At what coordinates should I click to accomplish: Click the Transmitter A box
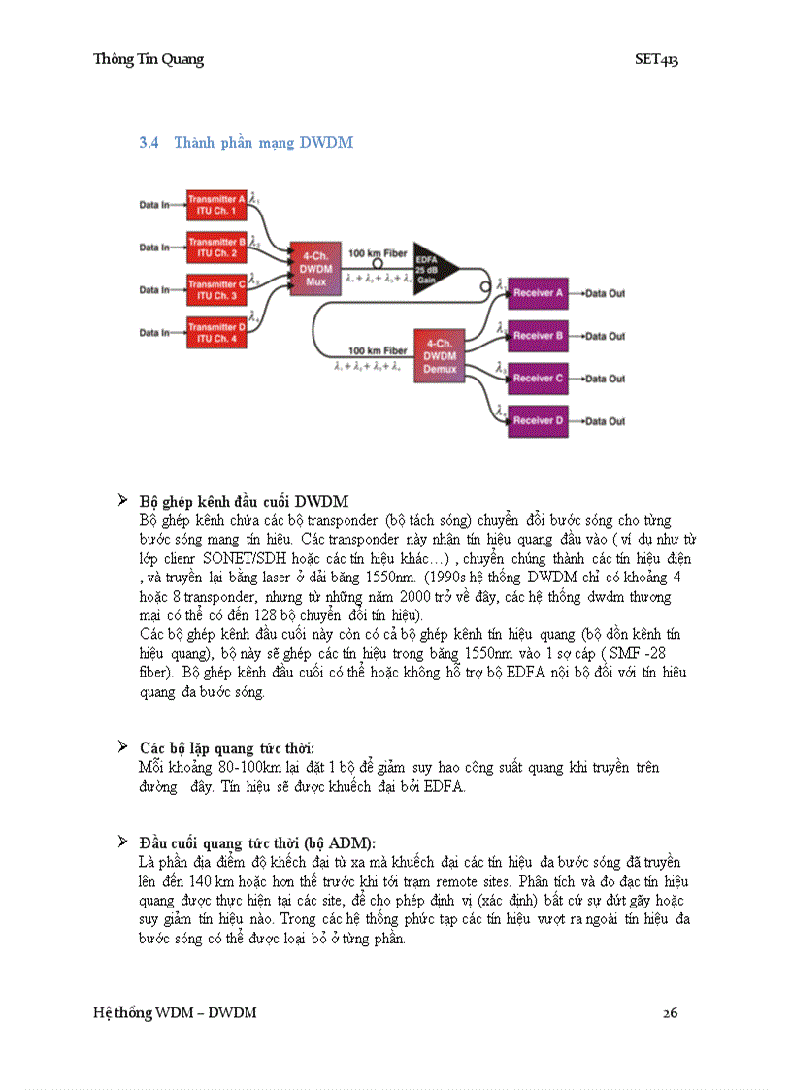click(216, 204)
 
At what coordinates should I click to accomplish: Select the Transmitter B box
click(216, 247)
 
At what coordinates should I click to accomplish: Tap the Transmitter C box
click(216, 289)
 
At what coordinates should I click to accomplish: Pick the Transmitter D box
click(216, 333)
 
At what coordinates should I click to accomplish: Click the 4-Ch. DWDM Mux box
click(315, 269)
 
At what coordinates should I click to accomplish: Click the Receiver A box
click(538, 292)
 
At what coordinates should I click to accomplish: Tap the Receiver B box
click(538, 335)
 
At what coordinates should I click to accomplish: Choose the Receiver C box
click(538, 378)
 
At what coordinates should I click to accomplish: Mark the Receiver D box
click(538, 420)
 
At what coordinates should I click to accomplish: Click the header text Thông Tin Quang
click(148, 59)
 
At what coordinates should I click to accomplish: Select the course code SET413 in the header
click(656, 59)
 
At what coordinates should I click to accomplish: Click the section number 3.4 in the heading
click(148, 143)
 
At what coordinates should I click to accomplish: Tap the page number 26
click(670, 1013)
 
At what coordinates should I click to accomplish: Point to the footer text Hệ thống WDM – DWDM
click(175, 1013)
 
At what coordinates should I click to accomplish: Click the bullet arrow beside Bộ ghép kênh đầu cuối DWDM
click(123, 501)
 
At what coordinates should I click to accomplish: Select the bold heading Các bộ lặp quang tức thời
click(227, 748)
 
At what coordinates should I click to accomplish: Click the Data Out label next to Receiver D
click(605, 421)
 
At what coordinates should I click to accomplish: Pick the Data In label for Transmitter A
click(153, 205)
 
